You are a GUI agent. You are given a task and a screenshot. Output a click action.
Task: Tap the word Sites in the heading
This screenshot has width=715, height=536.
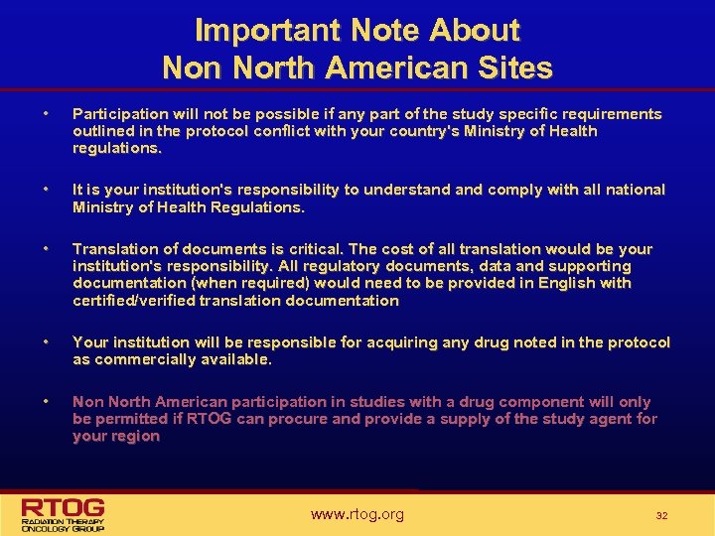(512, 67)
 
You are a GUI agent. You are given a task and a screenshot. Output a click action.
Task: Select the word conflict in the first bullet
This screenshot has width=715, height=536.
(266, 131)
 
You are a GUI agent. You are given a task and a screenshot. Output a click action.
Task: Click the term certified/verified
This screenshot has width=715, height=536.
(134, 301)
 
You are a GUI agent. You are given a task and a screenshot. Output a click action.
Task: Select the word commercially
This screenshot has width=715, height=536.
(141, 359)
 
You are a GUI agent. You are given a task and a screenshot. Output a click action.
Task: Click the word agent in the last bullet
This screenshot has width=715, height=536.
(607, 419)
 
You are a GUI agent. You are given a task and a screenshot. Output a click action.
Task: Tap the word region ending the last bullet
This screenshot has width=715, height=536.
(134, 436)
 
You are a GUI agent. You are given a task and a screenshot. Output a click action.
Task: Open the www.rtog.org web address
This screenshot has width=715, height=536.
(357, 514)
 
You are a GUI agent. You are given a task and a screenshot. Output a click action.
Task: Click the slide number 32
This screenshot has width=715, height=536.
(661, 515)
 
